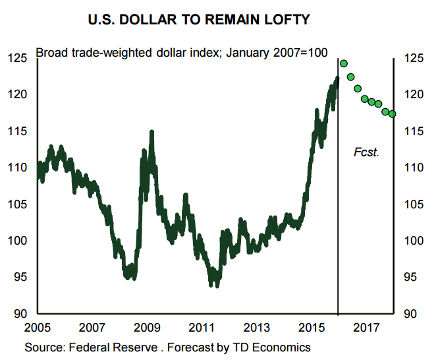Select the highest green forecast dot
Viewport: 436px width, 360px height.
point(344,64)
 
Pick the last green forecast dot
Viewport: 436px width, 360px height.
point(393,114)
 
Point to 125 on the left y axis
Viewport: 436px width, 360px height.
point(18,59)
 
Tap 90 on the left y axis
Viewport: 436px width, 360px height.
point(20,314)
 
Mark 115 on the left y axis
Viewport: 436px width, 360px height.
point(18,131)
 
